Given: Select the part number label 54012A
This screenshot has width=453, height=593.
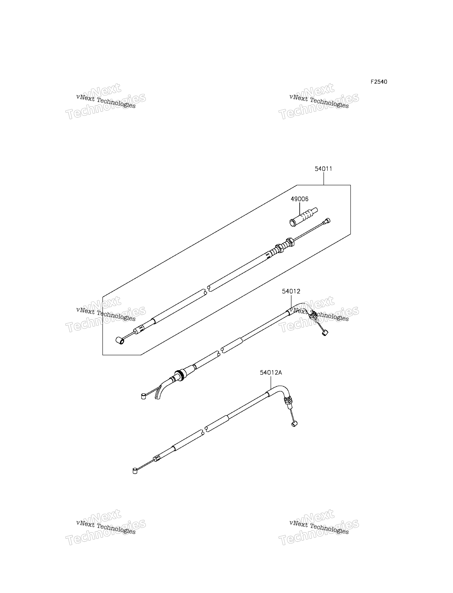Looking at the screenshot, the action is click(271, 373).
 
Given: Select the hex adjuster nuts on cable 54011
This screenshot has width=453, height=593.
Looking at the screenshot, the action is click(285, 245).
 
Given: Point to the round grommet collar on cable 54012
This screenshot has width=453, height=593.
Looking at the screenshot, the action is click(179, 375).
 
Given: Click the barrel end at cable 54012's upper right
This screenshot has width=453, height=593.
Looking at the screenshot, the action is click(325, 333).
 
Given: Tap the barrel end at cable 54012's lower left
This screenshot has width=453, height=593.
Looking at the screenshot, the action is click(143, 396).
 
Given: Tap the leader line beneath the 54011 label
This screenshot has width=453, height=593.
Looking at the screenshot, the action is click(324, 179).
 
